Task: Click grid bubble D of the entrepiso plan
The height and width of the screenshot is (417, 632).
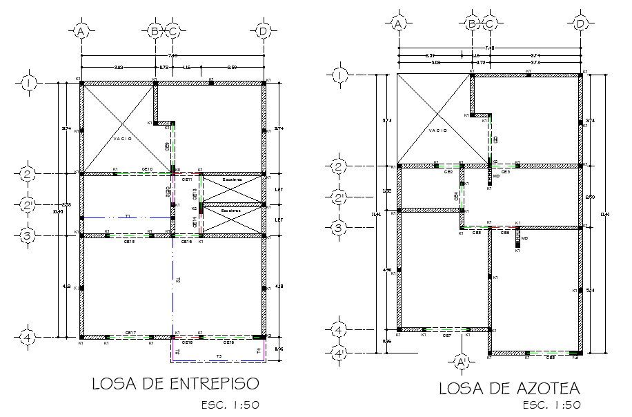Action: coord(263,31)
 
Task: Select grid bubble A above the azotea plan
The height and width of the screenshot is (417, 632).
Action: coord(397,23)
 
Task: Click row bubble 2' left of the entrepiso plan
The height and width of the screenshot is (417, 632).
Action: coord(28,204)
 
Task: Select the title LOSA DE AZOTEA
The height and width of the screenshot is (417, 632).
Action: coord(509,389)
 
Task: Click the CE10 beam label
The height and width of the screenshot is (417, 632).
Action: coord(147,168)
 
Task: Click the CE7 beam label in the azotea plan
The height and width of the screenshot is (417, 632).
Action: coord(447,336)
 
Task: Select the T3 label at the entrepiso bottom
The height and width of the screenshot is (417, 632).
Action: coord(219,356)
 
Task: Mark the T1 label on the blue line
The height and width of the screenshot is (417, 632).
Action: coord(128,216)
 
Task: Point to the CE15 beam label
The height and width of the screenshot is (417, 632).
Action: coord(129,242)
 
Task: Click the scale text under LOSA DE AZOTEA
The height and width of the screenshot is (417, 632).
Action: coord(551,405)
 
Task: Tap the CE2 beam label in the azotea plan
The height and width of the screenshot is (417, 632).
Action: coord(448,171)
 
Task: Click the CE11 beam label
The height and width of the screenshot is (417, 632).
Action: coord(186,179)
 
